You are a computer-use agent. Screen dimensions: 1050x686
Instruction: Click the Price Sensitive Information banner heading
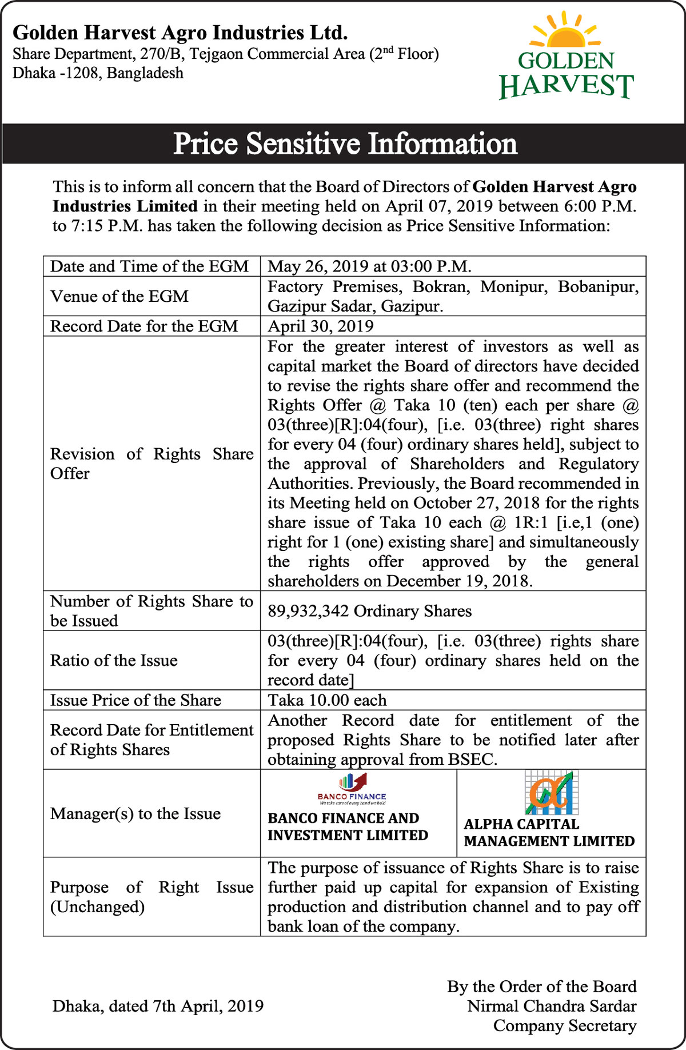pyautogui.click(x=345, y=143)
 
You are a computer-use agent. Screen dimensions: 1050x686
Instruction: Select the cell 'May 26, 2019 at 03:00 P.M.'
pyautogui.click(x=369, y=266)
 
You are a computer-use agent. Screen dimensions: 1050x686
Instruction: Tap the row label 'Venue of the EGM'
pyautogui.click(x=119, y=296)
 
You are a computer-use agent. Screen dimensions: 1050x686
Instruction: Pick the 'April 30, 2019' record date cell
pyautogui.click(x=320, y=326)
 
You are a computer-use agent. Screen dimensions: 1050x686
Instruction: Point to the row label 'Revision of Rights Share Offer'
pyautogui.click(x=151, y=464)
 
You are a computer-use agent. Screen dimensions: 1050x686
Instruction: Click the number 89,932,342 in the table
pyautogui.click(x=308, y=611)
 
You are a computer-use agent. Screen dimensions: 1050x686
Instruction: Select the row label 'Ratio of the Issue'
pyautogui.click(x=114, y=660)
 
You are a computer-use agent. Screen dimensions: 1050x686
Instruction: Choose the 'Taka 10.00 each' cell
pyautogui.click(x=327, y=700)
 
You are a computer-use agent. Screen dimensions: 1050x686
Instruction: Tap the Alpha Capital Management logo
pyautogui.click(x=552, y=792)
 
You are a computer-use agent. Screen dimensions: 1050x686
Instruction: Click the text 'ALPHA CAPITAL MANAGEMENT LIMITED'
pyautogui.click(x=549, y=833)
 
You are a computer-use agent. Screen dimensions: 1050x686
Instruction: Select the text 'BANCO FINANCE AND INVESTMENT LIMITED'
pyautogui.click(x=348, y=827)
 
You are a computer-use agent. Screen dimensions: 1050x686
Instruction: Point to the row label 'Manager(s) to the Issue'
pyautogui.click(x=135, y=813)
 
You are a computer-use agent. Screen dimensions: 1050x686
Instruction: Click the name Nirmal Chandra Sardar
pyautogui.click(x=552, y=1006)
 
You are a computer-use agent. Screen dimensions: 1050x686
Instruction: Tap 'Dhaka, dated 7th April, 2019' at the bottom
pyautogui.click(x=158, y=1006)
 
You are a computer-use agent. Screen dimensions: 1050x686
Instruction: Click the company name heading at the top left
pyautogui.click(x=180, y=33)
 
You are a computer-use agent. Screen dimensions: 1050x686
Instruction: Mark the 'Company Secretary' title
pyautogui.click(x=565, y=1025)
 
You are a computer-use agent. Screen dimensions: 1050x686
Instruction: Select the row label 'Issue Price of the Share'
pyautogui.click(x=135, y=700)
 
